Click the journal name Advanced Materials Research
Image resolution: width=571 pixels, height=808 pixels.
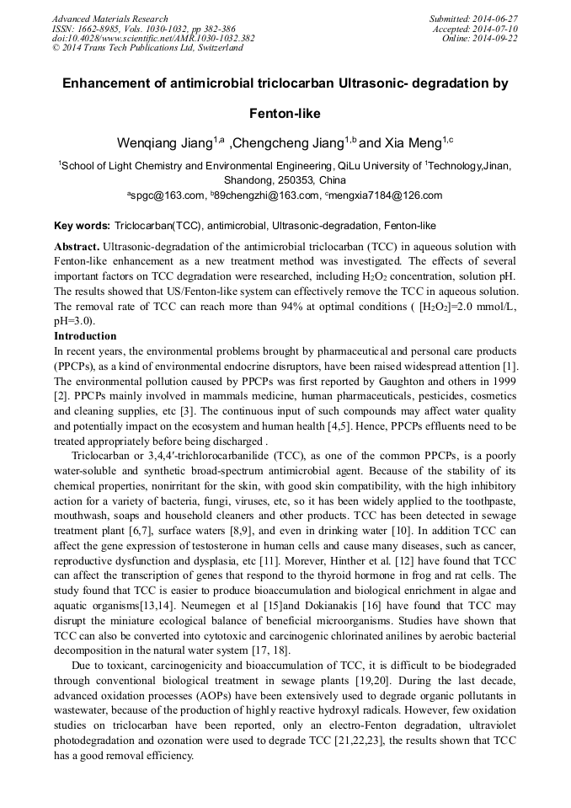(x=110, y=19)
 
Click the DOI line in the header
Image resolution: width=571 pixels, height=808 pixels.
(x=153, y=39)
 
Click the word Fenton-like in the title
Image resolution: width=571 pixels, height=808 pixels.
(x=285, y=113)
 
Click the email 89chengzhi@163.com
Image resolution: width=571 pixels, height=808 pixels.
(x=264, y=195)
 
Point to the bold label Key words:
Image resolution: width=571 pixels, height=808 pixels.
(x=82, y=226)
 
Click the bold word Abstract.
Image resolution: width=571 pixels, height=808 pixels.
(x=77, y=247)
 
